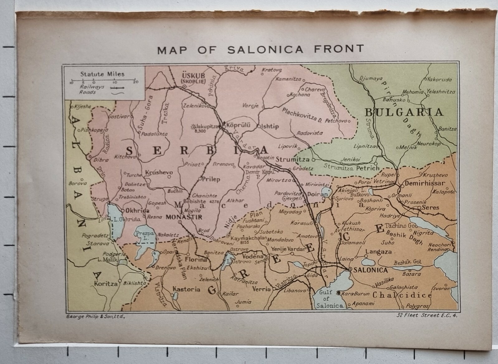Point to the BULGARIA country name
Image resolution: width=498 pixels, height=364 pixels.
(x=404, y=112)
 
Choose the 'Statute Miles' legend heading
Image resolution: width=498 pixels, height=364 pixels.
(x=102, y=74)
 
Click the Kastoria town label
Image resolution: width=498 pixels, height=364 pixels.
(x=186, y=289)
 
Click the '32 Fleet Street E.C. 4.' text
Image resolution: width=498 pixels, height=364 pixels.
(x=427, y=316)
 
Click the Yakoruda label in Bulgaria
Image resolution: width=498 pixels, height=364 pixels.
(x=439, y=79)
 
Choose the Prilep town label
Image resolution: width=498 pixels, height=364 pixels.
(x=211, y=179)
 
